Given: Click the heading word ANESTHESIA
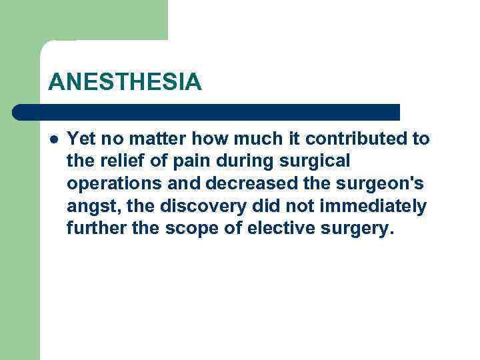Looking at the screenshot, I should (x=125, y=82).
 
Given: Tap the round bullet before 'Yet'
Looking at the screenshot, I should (x=53, y=139).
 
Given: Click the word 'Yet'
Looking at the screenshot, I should (x=81, y=139).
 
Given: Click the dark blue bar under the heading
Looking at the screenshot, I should (x=207, y=111).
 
